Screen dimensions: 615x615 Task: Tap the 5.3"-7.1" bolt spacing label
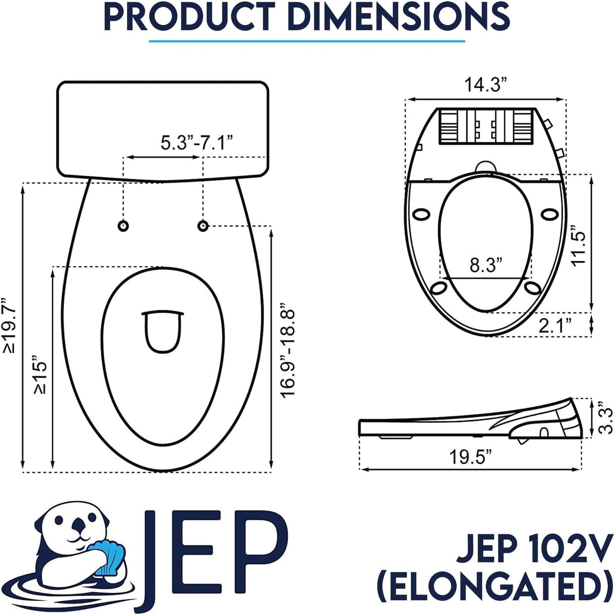196,143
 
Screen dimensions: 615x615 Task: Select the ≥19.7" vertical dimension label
9,326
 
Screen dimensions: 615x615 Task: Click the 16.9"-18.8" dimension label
288,353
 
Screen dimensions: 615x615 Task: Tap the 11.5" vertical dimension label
579,249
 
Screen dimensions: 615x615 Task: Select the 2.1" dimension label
555,326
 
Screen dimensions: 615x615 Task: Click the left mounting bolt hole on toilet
123,226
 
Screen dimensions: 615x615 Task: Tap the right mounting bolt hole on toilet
203,226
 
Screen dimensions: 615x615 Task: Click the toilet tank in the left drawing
163,128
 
